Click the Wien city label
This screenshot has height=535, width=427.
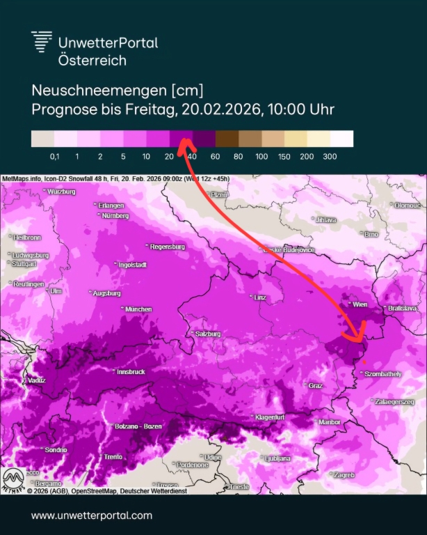(360, 304)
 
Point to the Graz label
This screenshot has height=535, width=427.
(316, 385)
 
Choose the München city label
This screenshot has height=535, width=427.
(139, 309)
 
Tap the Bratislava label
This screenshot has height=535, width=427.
(403, 308)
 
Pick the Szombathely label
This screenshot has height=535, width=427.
(384, 374)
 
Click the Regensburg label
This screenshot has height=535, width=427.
(168, 247)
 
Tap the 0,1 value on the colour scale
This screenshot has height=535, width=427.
(54, 157)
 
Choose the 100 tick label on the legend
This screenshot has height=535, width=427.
(261, 157)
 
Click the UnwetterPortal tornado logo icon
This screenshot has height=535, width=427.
(42, 42)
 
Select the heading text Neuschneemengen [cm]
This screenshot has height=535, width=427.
(116, 91)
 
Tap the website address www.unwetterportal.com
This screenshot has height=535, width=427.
(91, 515)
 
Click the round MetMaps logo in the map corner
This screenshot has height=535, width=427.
(13, 480)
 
